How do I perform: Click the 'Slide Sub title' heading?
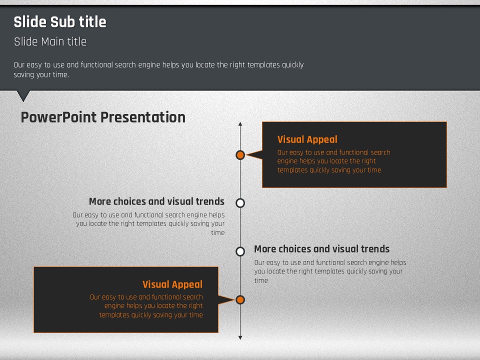[x=60, y=22]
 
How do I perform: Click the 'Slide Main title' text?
[x=50, y=41]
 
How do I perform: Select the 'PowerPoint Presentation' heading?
[x=103, y=117]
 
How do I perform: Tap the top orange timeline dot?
[x=240, y=155]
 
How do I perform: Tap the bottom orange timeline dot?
[x=240, y=299]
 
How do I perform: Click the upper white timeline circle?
[x=240, y=203]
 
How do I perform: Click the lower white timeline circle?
[x=240, y=251]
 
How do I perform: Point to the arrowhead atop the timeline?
[x=240, y=123]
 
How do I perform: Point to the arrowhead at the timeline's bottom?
[x=240, y=337]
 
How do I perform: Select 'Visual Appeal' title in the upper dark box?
[x=307, y=139]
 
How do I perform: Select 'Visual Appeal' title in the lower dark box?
[x=172, y=284]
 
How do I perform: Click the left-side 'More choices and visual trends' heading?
[x=156, y=201]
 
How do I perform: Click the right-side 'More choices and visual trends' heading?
[x=321, y=249]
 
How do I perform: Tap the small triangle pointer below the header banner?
[x=23, y=95]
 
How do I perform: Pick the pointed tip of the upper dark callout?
[x=246, y=155]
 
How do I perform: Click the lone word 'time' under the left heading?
[x=218, y=232]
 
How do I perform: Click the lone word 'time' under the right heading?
[x=261, y=280]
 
